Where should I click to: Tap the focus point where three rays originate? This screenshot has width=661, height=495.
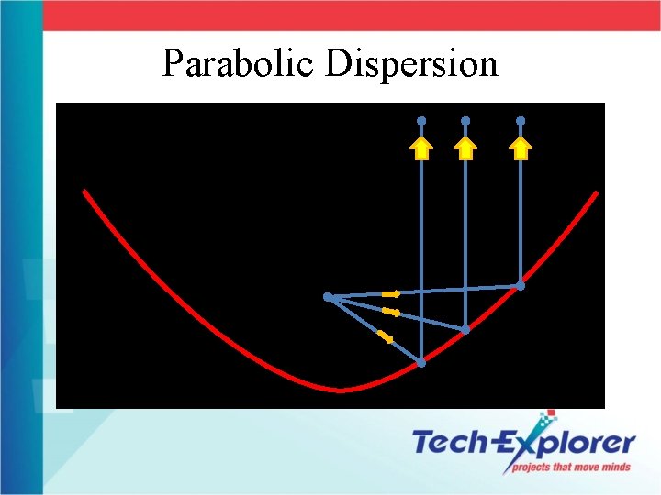pos(328,297)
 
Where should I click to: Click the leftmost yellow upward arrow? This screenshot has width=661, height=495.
pos(421,148)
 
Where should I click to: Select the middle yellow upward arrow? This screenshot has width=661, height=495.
pos(465,148)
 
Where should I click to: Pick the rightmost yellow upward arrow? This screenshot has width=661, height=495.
pos(521,148)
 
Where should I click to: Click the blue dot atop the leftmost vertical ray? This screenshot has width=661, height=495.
pos(421,121)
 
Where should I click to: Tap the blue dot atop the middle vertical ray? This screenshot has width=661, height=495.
pos(465,121)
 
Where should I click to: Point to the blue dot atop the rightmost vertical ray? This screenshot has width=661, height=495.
pos(521,121)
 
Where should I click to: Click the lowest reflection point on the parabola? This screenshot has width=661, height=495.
pos(421,363)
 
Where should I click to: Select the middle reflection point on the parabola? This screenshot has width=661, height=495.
pos(465,329)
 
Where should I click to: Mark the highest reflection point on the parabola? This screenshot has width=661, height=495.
pos(521,286)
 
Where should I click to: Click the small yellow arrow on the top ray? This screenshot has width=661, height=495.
pos(391,294)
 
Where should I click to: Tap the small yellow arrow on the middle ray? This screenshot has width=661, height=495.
pos(390,313)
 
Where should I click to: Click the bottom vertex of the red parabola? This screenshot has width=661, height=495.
pos(341,390)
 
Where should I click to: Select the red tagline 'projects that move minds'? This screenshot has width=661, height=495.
pos(571,467)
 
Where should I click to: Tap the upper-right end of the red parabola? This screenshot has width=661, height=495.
pos(597,193)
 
